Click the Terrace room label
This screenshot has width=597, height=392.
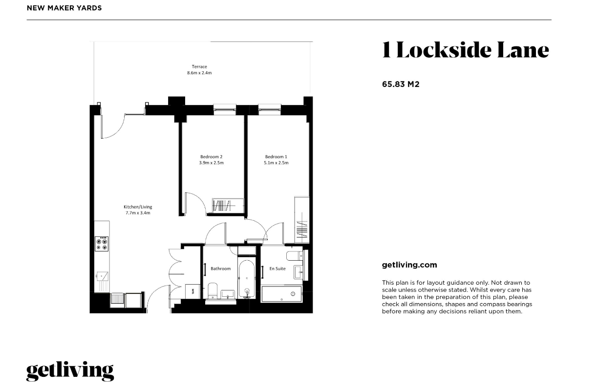[x=199, y=66]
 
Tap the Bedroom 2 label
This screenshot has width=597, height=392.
[x=212, y=157]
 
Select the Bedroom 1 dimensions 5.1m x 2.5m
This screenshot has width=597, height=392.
[x=276, y=163]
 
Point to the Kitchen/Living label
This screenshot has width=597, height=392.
[x=138, y=206]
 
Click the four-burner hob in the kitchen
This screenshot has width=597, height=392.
[x=102, y=244]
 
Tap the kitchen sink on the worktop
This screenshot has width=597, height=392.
[x=102, y=276]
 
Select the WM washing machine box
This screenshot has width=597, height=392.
[x=192, y=291]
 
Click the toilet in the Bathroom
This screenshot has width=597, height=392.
[x=213, y=291]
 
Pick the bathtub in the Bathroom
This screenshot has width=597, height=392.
[x=247, y=279]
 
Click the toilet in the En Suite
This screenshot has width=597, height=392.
[x=295, y=256]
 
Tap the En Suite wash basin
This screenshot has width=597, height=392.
[x=298, y=272]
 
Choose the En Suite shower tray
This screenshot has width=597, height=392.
[x=282, y=294]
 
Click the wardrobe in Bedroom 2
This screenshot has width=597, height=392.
[x=228, y=206]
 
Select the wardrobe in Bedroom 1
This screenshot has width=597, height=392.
[x=302, y=220]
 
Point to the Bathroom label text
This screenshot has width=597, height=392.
[x=221, y=268]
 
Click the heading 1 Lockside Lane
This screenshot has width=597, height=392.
[x=466, y=50]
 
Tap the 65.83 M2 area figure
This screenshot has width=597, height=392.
[x=401, y=84]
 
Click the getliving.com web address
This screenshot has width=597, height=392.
[x=409, y=265]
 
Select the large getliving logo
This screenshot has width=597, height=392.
[x=70, y=371]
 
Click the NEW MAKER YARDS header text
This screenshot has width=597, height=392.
[x=64, y=8]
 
